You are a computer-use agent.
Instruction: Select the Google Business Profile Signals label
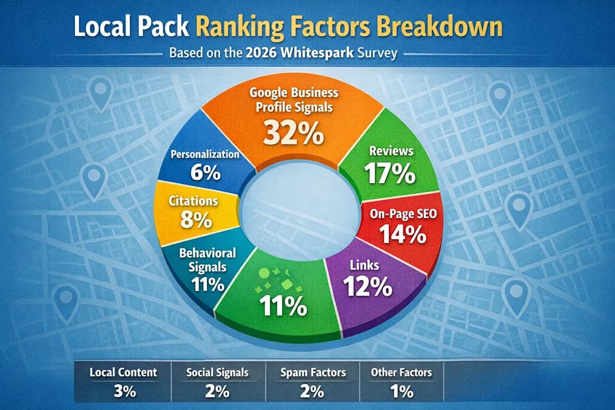tap(293, 100)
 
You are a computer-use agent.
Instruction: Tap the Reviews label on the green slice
tap(391, 151)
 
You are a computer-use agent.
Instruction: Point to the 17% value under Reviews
tap(392, 174)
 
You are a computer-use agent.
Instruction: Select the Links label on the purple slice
tap(363, 265)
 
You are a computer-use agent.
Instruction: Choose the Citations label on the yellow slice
tap(194, 201)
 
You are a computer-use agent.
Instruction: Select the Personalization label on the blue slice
tap(205, 153)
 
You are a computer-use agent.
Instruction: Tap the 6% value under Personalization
tap(205, 172)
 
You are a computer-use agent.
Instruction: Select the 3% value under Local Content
tap(123, 392)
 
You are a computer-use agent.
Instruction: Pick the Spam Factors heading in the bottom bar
tap(313, 372)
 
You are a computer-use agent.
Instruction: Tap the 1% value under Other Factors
tap(401, 392)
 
